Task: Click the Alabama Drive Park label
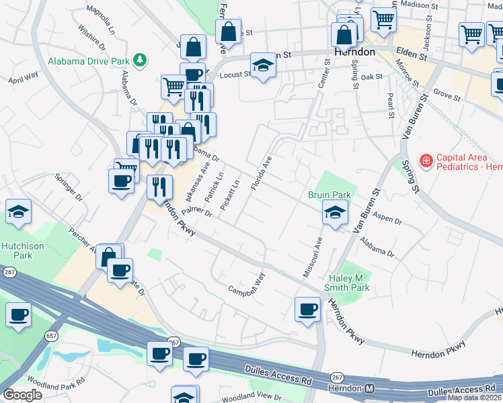88,61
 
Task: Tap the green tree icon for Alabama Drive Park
140,60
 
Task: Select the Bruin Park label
330,195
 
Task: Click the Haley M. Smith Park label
350,283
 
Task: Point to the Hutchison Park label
17,251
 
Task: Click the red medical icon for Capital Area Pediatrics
426,161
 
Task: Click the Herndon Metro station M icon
369,389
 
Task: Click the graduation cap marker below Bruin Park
334,213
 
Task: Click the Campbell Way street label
247,285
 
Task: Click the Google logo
22,395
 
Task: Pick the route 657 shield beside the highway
50,335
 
